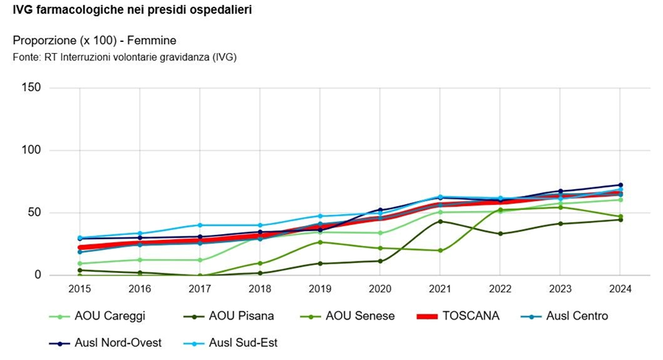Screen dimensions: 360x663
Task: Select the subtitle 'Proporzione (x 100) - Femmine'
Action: (x=94, y=40)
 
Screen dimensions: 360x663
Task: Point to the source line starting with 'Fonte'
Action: (x=124, y=57)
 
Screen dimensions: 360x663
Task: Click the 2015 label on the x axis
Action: (x=79, y=289)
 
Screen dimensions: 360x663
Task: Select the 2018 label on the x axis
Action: (x=259, y=289)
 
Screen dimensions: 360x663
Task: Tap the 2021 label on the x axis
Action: (x=440, y=289)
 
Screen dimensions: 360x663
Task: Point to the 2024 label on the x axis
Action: (x=620, y=289)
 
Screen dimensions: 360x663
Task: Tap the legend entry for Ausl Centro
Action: (x=567, y=317)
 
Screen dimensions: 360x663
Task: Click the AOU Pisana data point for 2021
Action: (x=440, y=221)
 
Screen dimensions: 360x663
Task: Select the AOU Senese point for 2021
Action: (x=440, y=250)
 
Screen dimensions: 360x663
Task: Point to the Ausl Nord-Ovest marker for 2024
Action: (x=620, y=185)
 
